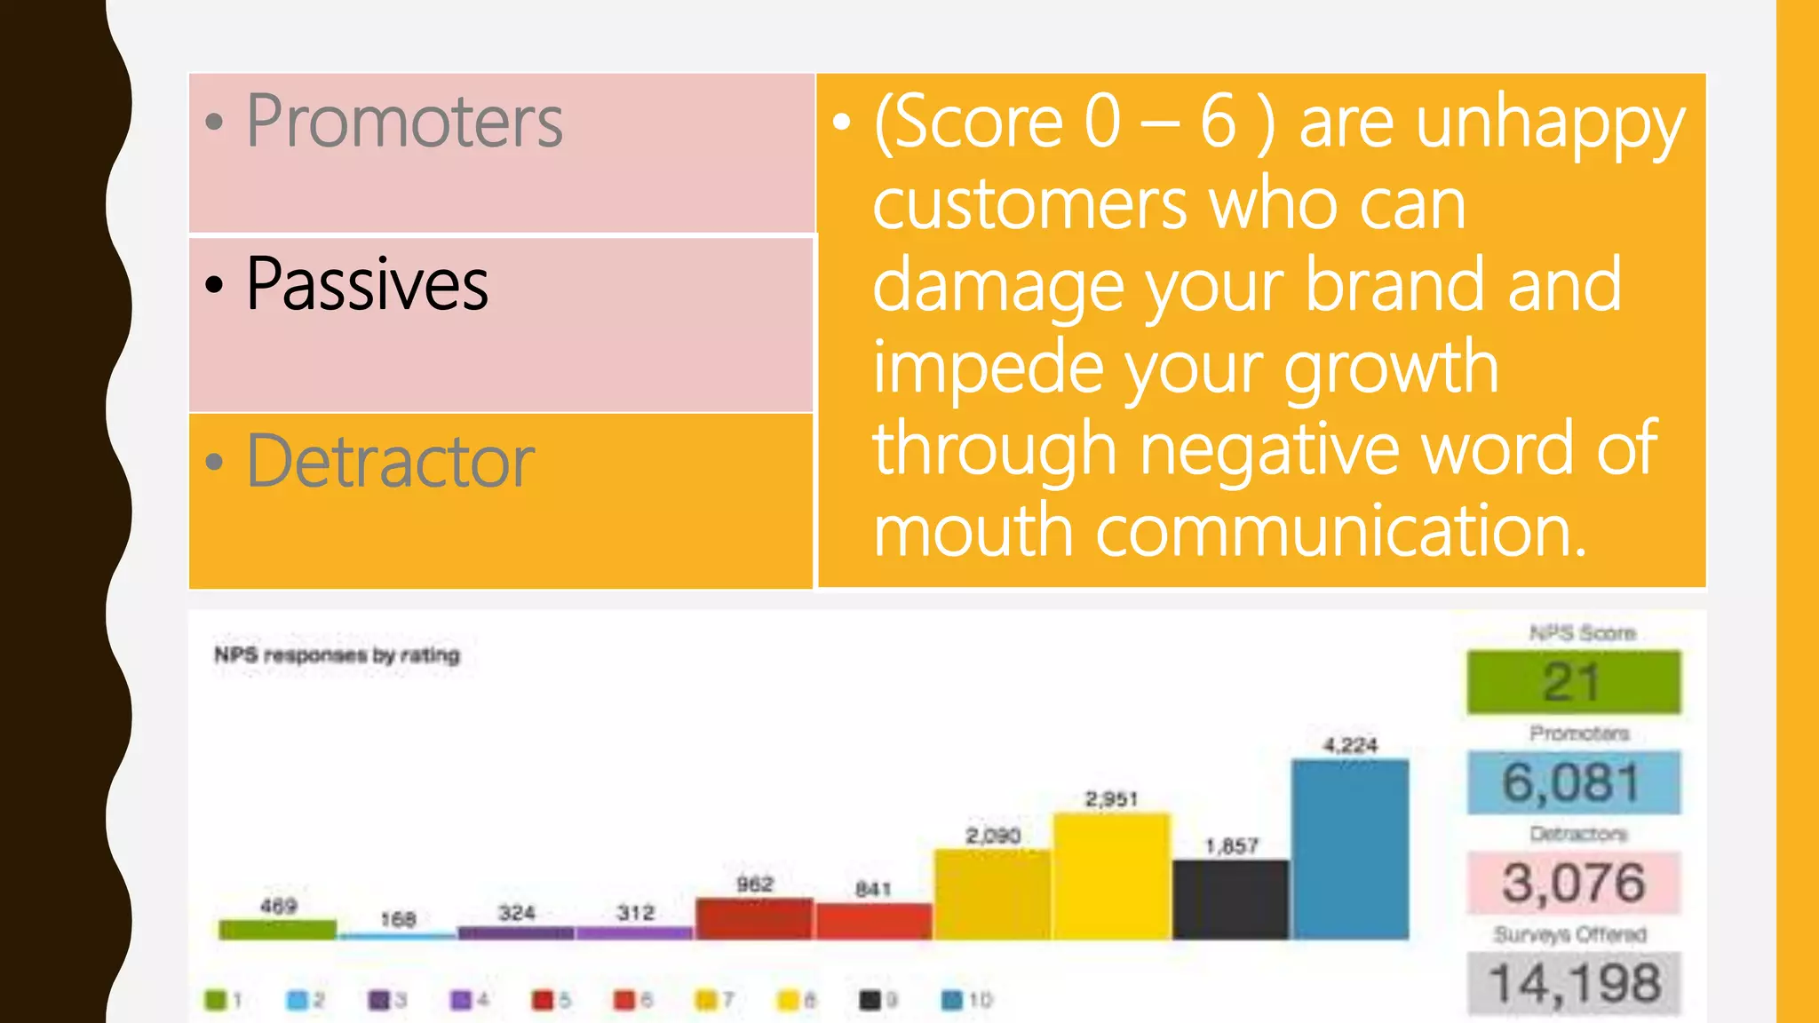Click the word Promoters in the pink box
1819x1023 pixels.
[x=404, y=122]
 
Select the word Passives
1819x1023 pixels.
[x=367, y=284]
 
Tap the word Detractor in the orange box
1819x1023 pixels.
[x=391, y=462]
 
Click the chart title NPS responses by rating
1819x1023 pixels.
[x=338, y=655]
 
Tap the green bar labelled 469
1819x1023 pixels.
[x=277, y=930]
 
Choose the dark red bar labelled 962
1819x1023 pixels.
[x=754, y=918]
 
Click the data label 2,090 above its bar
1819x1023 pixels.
[x=993, y=836]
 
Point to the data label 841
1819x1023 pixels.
[x=873, y=889]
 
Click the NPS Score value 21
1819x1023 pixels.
[x=1573, y=682]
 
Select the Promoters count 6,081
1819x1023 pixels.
[x=1573, y=782]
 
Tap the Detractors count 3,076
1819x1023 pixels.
[x=1573, y=883]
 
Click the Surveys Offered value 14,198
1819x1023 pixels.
[x=1573, y=983]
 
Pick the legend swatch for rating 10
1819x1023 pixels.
[x=951, y=1001]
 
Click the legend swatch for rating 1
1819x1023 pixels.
[x=215, y=1001]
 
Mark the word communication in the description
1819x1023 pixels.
[x=1341, y=531]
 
